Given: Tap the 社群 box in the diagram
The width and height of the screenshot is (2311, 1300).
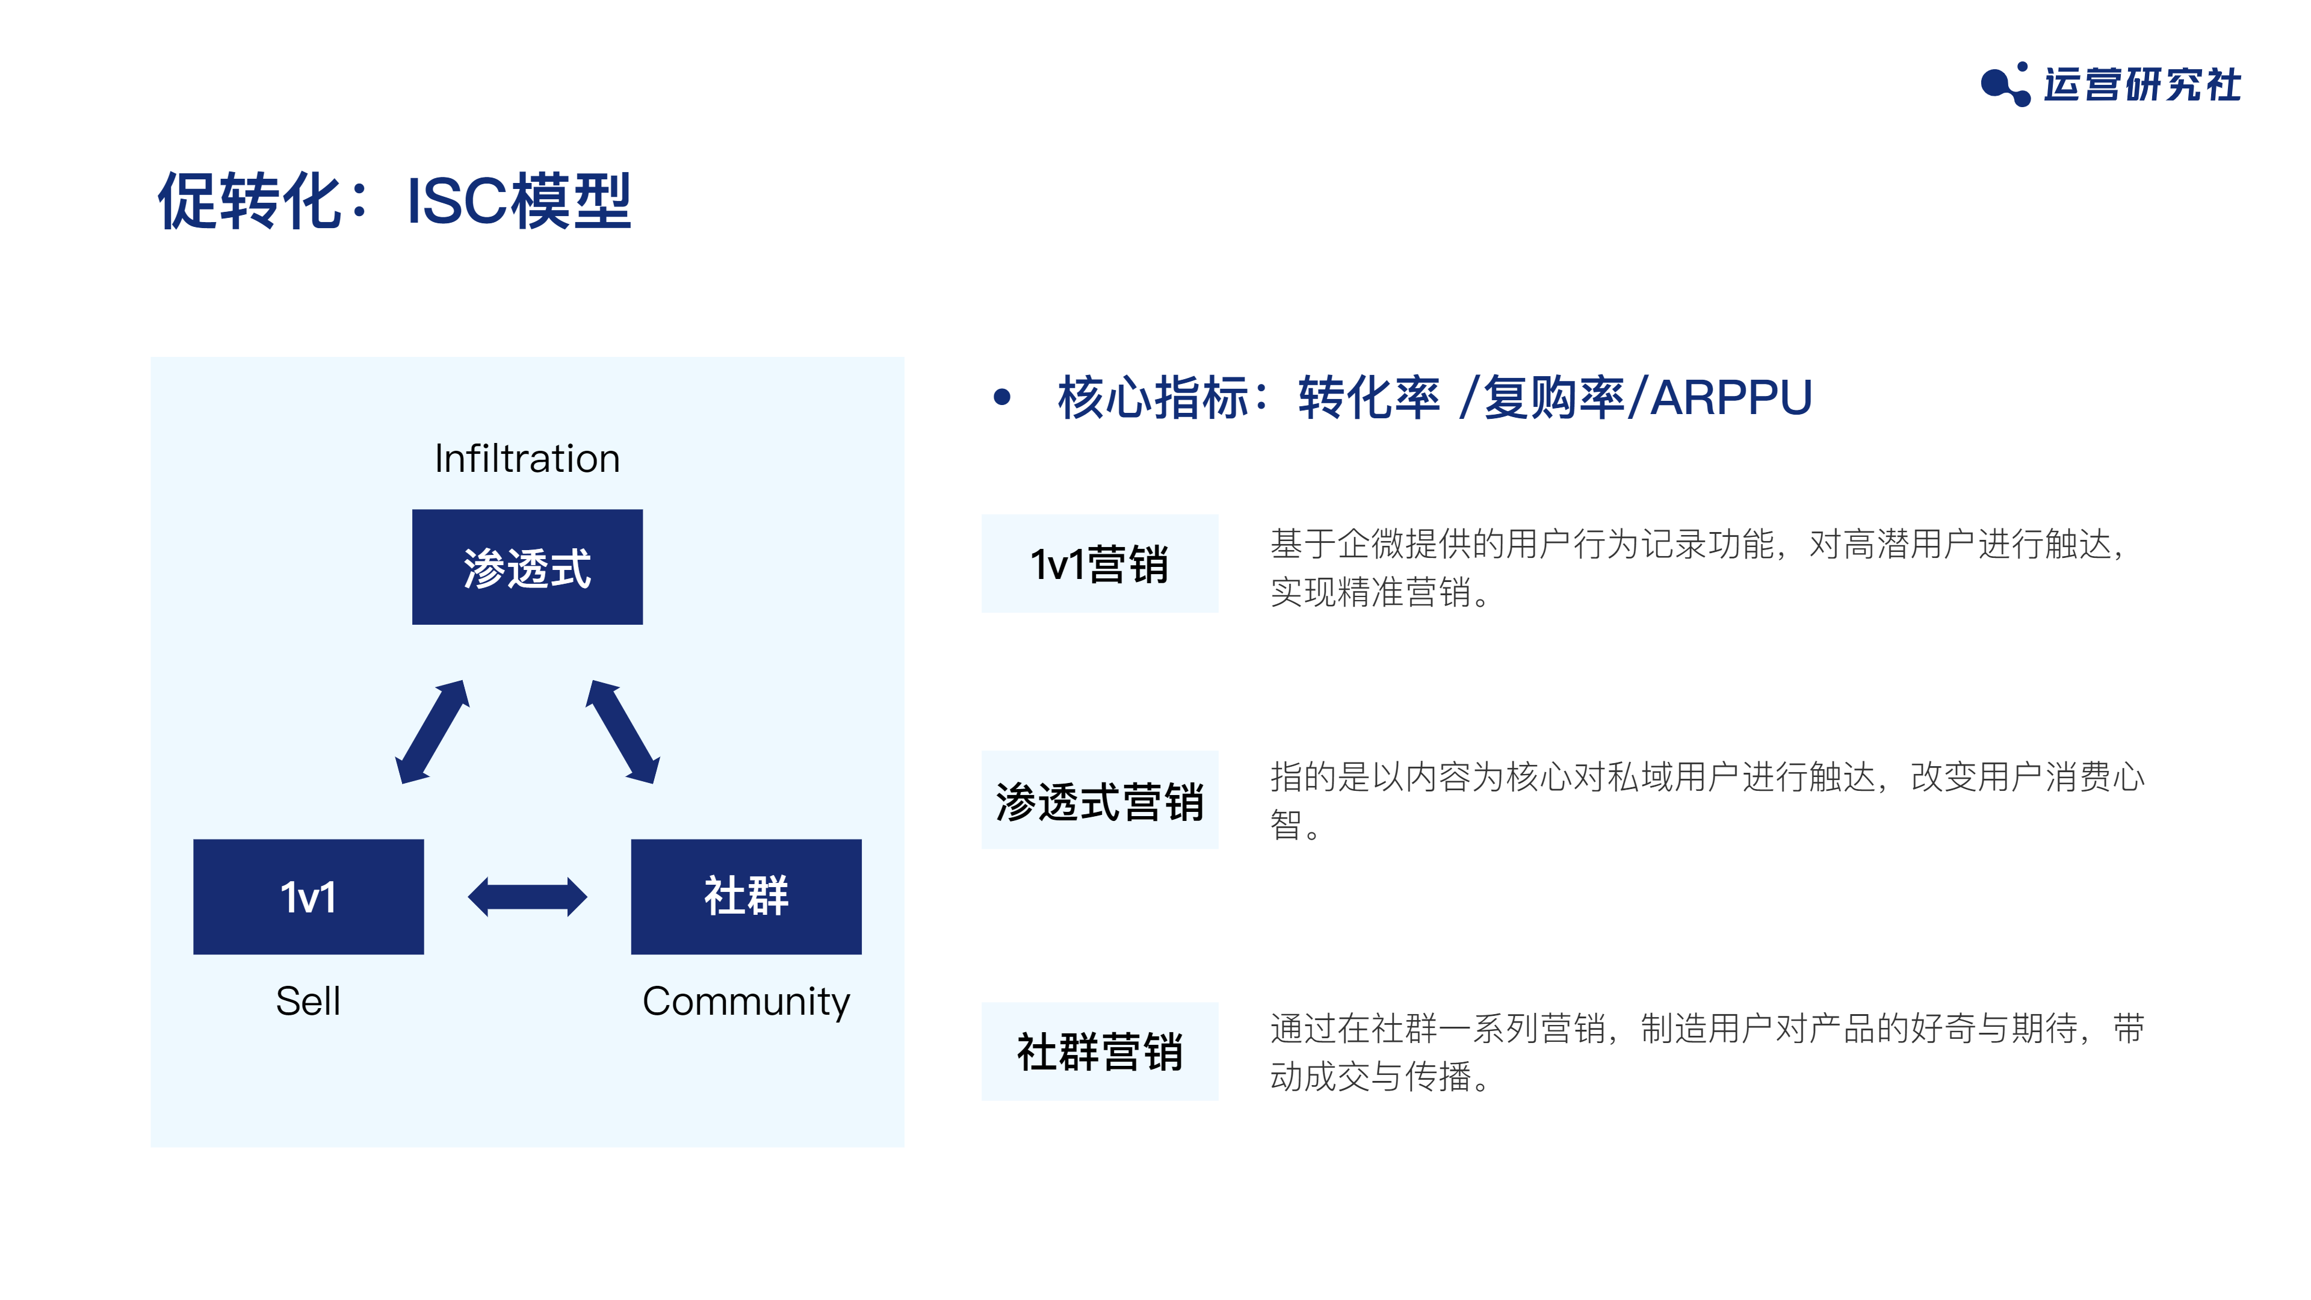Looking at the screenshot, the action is [746, 896].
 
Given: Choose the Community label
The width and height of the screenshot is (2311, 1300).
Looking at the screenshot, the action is [746, 1002].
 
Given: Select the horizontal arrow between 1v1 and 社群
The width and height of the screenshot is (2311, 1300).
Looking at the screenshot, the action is [528, 896].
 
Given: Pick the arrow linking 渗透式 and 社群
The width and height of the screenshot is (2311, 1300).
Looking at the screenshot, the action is [623, 731].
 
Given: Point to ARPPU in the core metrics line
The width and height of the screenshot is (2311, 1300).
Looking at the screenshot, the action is [1731, 397].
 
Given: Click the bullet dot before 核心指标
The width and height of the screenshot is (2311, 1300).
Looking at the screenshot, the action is [1002, 397].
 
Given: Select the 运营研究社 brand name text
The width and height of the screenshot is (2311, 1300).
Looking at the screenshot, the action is [2142, 84].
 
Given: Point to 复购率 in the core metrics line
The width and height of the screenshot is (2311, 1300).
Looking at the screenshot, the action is [1554, 397].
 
